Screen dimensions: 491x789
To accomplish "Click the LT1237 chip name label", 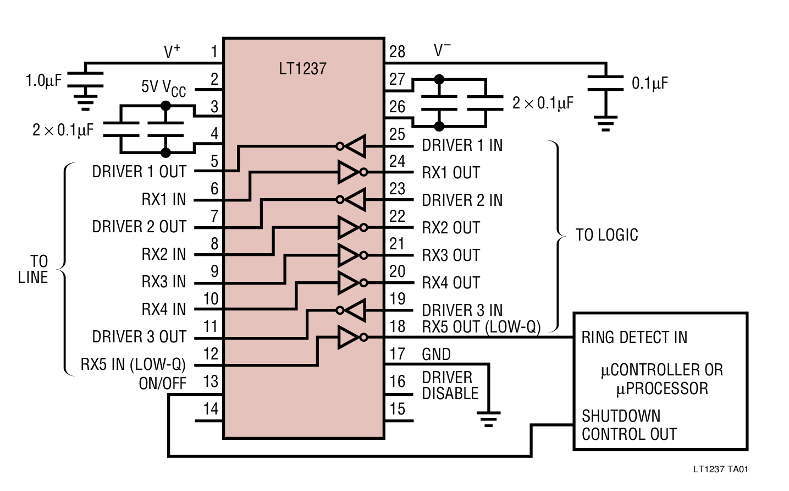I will tap(302, 69).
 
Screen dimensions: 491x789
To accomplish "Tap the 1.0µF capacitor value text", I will tap(43, 81).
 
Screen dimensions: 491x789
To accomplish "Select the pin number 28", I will tap(397, 52).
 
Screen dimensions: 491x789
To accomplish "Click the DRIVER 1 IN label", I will tap(462, 145).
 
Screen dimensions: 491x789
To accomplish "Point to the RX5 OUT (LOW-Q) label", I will tap(481, 327).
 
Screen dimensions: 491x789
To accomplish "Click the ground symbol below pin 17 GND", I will tap(488, 419).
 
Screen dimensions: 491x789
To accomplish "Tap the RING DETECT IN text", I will tap(634, 337).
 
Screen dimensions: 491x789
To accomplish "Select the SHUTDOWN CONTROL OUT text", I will tap(628, 425).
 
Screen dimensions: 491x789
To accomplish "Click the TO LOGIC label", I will tap(606, 235).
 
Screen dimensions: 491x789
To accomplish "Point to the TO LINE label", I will tap(34, 269).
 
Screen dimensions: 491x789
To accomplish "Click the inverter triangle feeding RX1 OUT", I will tap(349, 172).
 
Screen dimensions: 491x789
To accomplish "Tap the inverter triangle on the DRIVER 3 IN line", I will tap(355, 310).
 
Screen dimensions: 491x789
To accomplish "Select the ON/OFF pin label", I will tap(162, 383).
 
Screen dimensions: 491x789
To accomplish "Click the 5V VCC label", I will tap(163, 88).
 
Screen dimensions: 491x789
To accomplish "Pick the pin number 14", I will tap(211, 409).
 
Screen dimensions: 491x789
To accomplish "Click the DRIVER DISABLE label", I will tap(449, 385).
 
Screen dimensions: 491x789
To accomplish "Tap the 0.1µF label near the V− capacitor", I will tap(649, 84).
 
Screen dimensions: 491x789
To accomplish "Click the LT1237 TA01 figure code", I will tap(720, 470).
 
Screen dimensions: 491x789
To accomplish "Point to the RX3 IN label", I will tap(163, 282).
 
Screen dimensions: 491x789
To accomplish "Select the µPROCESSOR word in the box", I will tap(662, 389).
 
